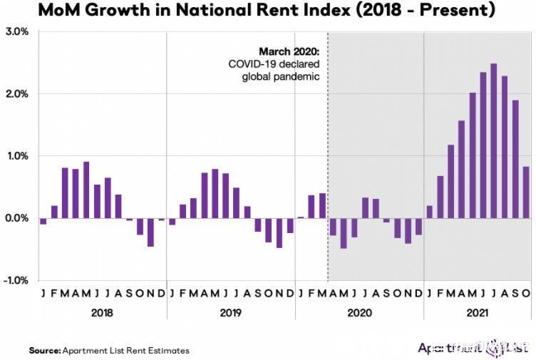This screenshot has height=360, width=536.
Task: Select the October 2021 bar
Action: point(526,192)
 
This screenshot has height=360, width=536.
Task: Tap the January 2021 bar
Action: point(429,212)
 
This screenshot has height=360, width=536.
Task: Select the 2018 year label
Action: point(102,312)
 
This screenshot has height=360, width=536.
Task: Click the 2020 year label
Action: point(359,312)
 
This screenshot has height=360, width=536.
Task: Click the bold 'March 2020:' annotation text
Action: point(289,52)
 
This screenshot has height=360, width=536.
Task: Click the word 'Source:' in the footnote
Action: point(44,350)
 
